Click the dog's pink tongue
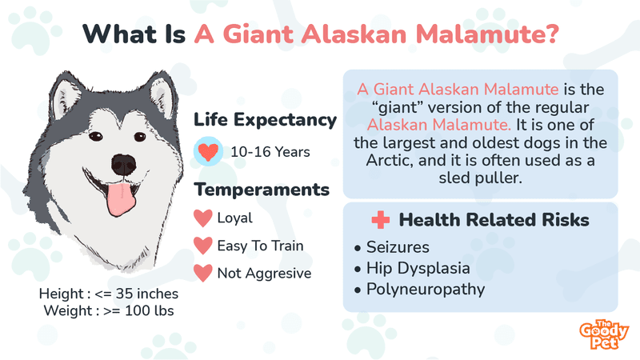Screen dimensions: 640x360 pyautogui.click(x=121, y=199)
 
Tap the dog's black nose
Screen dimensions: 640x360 pyautogui.click(x=124, y=165)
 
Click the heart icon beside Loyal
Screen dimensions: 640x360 pyautogui.click(x=203, y=218)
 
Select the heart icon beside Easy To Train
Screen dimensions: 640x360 pyautogui.click(x=203, y=246)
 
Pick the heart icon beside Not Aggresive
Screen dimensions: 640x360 pyautogui.click(x=203, y=273)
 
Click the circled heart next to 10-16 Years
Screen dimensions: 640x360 pyautogui.click(x=208, y=151)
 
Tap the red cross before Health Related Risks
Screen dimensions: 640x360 pyautogui.click(x=381, y=220)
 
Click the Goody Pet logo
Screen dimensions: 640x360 pyautogui.click(x=604, y=334)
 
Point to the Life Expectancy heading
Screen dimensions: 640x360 pyautogui.click(x=266, y=120)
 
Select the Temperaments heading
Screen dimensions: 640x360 pyautogui.click(x=262, y=190)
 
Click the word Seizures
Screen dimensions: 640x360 pyautogui.click(x=398, y=247)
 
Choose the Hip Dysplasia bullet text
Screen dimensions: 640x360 pyautogui.click(x=418, y=269)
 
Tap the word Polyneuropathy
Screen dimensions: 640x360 pyautogui.click(x=426, y=290)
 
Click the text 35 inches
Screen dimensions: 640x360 pyautogui.click(x=147, y=294)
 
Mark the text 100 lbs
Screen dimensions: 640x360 pyautogui.click(x=150, y=311)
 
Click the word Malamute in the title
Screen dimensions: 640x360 pyautogui.click(x=487, y=34)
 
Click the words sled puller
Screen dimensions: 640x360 pyautogui.click(x=481, y=178)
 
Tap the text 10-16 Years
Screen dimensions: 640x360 pyautogui.click(x=270, y=152)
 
